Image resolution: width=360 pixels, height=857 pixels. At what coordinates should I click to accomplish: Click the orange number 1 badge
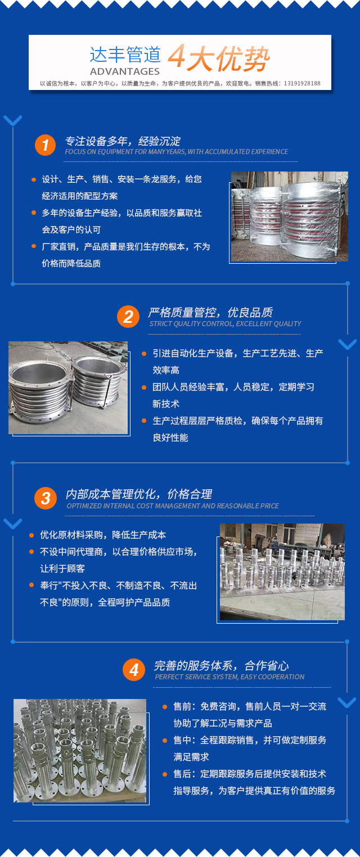point(45,145)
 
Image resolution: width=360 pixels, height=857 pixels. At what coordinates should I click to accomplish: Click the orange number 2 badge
point(128,317)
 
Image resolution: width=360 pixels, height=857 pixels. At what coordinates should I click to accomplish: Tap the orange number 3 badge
point(46,498)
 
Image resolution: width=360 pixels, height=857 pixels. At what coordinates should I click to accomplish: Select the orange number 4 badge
point(134,670)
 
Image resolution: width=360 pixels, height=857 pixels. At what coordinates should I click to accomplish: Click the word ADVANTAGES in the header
point(124,71)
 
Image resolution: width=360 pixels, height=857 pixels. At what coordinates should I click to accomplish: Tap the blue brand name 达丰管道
point(125,55)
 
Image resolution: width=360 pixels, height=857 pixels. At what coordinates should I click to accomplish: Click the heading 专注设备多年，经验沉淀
point(123,141)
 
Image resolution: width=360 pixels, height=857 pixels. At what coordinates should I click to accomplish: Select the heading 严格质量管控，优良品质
point(210,313)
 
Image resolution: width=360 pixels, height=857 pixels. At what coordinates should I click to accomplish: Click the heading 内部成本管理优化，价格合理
point(138,494)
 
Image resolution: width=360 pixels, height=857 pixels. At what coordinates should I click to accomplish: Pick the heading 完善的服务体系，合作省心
point(221,666)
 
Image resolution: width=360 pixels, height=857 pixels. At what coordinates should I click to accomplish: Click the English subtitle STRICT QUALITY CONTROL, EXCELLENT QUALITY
point(225,324)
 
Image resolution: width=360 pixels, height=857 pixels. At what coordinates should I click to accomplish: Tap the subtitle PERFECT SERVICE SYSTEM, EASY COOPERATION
point(229,677)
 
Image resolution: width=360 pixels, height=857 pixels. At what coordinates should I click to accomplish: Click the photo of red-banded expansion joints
point(289,216)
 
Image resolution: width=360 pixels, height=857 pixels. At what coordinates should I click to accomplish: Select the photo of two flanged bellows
point(68,387)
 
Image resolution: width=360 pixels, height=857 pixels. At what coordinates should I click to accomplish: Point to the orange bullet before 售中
point(165,741)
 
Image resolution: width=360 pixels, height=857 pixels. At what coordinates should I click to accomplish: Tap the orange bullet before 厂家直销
point(34,246)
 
